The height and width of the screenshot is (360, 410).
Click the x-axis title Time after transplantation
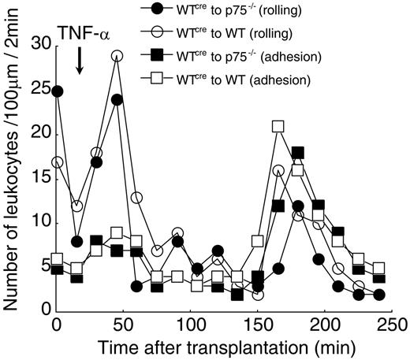[x=226, y=347]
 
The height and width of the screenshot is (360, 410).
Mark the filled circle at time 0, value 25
[x=57, y=91]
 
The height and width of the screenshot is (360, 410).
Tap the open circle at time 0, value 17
[x=57, y=161]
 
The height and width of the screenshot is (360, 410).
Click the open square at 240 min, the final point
[x=379, y=268]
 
